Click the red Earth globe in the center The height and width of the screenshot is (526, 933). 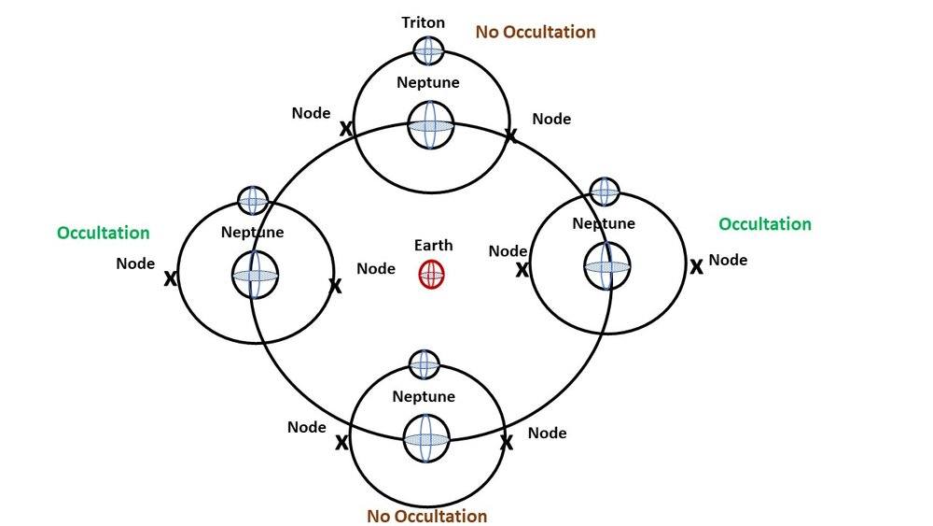pyautogui.click(x=431, y=275)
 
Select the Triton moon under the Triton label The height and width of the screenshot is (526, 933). pyautogui.click(x=428, y=50)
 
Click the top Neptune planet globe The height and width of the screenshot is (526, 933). pyautogui.click(x=430, y=125)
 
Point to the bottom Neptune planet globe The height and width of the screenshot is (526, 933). pyautogui.click(x=426, y=439)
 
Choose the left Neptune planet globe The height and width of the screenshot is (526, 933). pyautogui.click(x=255, y=275)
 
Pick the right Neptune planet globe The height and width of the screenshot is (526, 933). pyautogui.click(x=607, y=266)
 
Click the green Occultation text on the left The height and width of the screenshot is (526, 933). pyautogui.click(x=103, y=233)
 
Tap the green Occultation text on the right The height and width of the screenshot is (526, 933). pyautogui.click(x=764, y=224)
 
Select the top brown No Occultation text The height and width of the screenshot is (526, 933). pyautogui.click(x=535, y=32)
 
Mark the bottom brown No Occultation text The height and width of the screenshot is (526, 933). pyautogui.click(x=426, y=516)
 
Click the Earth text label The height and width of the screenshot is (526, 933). pyautogui.click(x=433, y=246)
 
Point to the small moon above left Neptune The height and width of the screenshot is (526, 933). pyautogui.click(x=253, y=200)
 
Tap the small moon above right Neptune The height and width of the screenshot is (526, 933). pyautogui.click(x=605, y=192)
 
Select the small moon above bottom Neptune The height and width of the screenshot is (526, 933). pyautogui.click(x=424, y=364)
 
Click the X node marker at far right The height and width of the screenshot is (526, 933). pyautogui.click(x=696, y=267)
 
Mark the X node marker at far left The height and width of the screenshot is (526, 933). pyautogui.click(x=171, y=278)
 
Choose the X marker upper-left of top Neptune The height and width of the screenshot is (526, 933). pyautogui.click(x=345, y=129)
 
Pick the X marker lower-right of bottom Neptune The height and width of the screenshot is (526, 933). pyautogui.click(x=507, y=442)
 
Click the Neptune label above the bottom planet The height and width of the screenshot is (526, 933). pyautogui.click(x=424, y=396)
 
